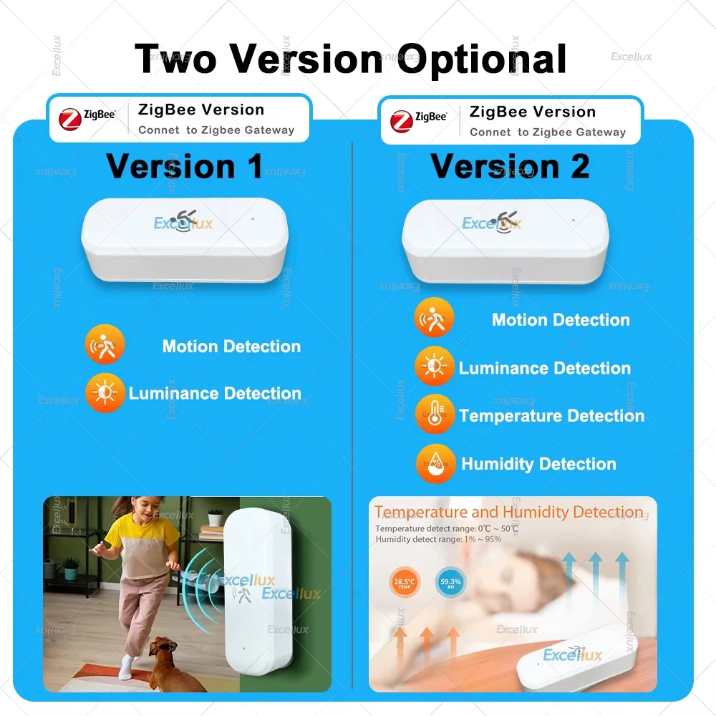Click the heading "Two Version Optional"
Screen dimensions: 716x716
coord(351,59)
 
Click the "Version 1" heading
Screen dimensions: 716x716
coord(185,166)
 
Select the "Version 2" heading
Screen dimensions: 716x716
coord(510,166)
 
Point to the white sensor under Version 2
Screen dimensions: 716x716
coord(505,240)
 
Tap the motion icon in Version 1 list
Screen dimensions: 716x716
coord(105,345)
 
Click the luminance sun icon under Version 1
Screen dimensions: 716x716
coord(105,393)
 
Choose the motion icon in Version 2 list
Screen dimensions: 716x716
coord(434,319)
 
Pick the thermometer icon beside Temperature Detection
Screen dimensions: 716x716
coord(434,415)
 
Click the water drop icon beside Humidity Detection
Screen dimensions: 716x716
coord(435,463)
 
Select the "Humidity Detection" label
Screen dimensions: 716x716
coord(538,464)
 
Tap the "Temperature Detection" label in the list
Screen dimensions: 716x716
coord(551,416)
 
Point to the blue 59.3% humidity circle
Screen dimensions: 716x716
coord(450,582)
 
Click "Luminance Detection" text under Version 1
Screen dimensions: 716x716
coord(215,394)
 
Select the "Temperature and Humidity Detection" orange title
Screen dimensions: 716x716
coord(508,513)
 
